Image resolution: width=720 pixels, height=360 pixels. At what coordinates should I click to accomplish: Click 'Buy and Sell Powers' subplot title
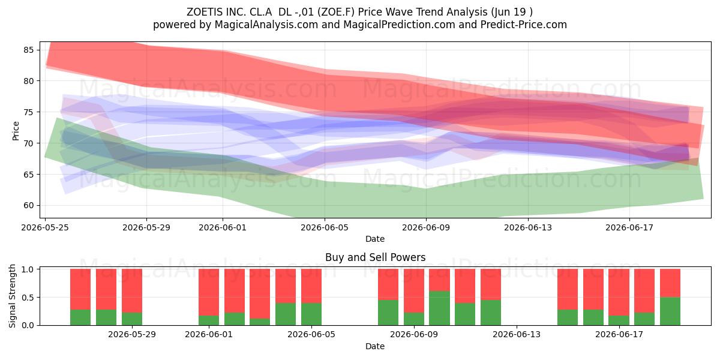pos(375,257)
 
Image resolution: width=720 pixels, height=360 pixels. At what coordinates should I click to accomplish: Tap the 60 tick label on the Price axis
pos(29,205)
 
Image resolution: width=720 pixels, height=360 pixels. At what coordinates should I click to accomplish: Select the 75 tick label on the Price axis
pos(29,112)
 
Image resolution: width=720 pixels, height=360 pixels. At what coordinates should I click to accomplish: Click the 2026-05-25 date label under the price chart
pos(45,227)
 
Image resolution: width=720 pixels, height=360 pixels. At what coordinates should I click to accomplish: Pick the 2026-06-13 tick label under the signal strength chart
pos(517,335)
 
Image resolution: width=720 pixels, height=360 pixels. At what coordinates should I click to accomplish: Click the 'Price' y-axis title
pos(16,131)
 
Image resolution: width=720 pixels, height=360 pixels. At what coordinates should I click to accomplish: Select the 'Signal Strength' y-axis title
pos(12,296)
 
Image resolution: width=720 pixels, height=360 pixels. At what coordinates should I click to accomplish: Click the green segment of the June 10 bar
pos(439,308)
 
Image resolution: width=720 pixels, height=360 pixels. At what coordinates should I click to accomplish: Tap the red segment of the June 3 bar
pos(260,294)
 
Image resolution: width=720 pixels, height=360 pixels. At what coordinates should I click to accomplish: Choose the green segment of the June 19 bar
pos(670,311)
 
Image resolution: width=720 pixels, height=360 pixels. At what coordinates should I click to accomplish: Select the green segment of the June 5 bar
pos(311,314)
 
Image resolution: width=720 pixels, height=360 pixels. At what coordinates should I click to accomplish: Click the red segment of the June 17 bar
pos(619,292)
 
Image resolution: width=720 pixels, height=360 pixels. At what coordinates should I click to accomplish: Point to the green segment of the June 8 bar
pos(388,313)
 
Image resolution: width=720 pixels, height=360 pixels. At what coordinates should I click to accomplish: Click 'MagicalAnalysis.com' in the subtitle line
pos(266,25)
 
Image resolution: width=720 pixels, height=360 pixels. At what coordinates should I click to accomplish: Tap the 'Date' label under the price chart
pos(375,239)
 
